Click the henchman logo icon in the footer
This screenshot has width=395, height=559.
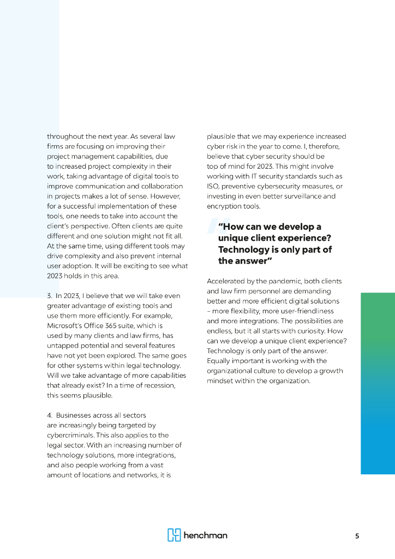173,535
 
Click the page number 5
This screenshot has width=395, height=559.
357,536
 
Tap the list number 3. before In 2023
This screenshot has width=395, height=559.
50,296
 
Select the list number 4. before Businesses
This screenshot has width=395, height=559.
50,415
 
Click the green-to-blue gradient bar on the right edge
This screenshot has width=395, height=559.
378,383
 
